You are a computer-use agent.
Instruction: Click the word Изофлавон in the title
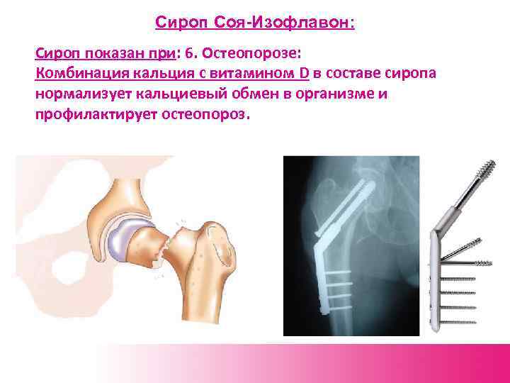coord(311,23)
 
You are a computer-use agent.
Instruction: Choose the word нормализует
coord(81,95)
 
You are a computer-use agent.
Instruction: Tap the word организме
coord(335,95)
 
